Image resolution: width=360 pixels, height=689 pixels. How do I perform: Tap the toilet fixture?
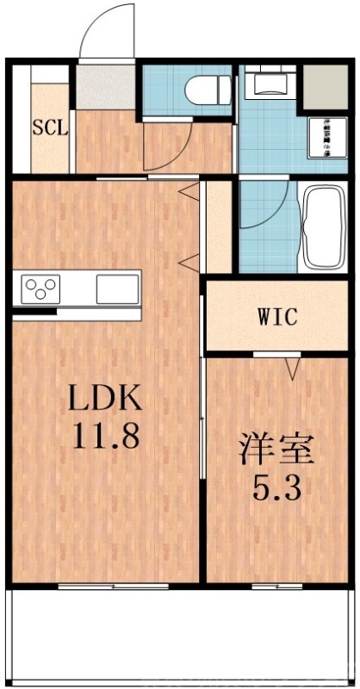pos(209,88)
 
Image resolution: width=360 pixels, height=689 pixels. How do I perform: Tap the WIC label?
pos(276,316)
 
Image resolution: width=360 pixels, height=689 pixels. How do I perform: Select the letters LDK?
pos(104,398)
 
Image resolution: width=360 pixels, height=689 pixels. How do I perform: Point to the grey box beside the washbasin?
pos(324,83)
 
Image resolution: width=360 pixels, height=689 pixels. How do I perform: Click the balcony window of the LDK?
pos(101,586)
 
